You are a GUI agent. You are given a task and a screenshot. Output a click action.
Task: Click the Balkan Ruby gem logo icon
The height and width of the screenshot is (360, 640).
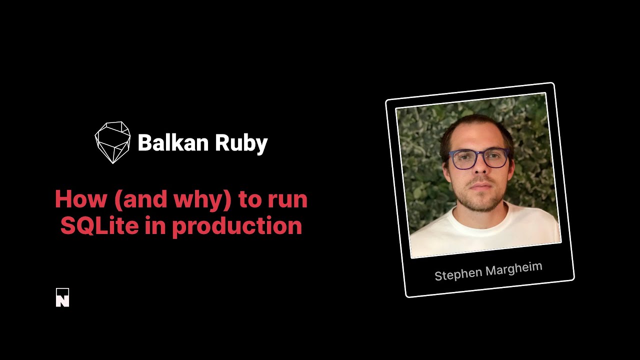click(x=112, y=142)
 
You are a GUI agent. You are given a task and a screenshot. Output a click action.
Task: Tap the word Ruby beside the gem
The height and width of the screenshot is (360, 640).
click(x=241, y=144)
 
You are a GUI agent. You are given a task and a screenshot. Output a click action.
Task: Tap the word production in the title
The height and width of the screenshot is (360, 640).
click(x=237, y=226)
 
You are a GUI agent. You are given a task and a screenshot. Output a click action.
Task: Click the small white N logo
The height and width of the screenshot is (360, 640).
click(x=62, y=297)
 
